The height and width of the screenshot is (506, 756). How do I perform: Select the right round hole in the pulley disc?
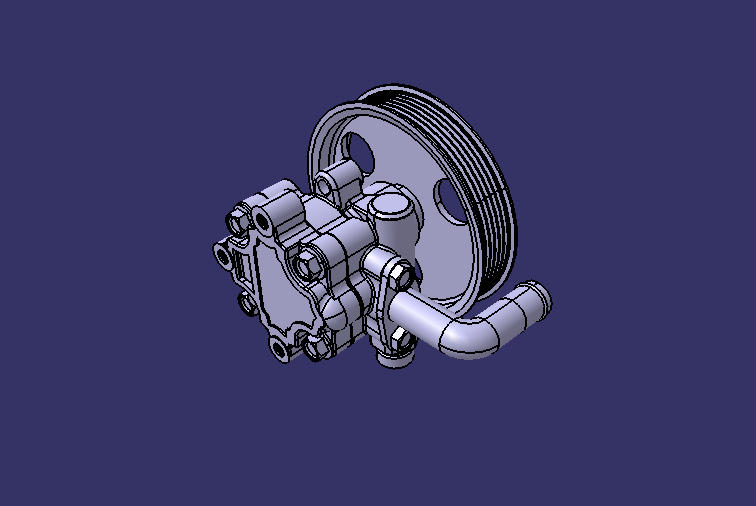[452, 198]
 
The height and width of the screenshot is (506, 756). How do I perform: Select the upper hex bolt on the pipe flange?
[393, 271]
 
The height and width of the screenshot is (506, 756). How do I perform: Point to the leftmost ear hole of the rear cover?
[222, 254]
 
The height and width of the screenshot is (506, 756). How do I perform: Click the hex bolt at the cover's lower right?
[318, 346]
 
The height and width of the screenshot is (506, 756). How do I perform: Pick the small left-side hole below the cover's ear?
[245, 300]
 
